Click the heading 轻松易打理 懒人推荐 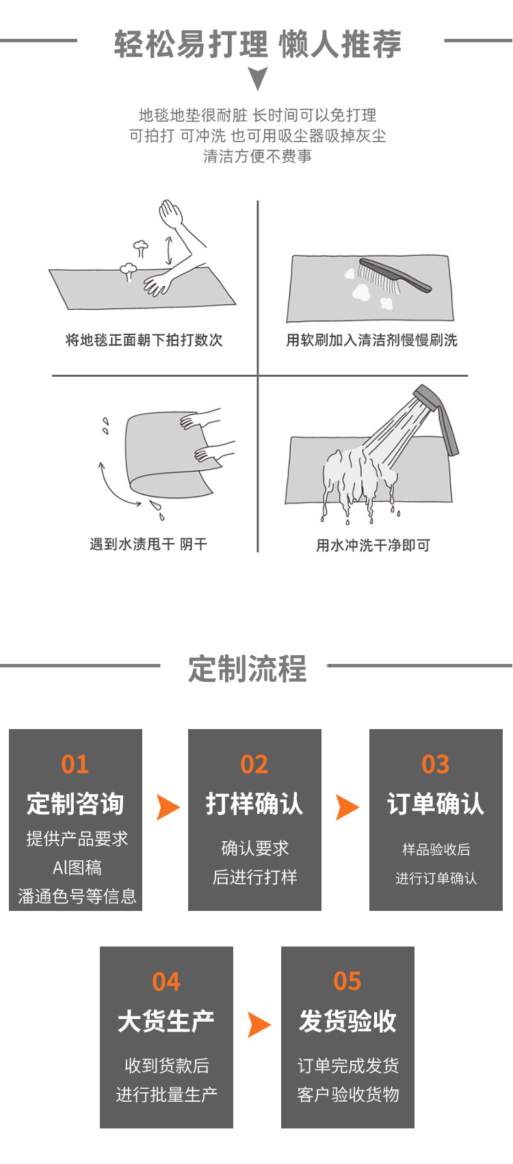click(257, 44)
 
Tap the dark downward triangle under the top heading click(257, 78)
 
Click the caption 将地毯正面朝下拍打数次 click(144, 340)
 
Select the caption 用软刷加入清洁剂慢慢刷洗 click(371, 340)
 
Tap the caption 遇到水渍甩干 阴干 click(148, 544)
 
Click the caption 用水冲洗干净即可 click(373, 545)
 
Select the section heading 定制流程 click(248, 668)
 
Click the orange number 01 click(75, 764)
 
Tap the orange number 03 click(436, 764)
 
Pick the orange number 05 click(347, 981)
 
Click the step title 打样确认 click(254, 804)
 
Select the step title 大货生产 click(166, 1021)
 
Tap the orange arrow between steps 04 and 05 click(258, 1024)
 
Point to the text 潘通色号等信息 click(77, 896)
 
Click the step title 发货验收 click(347, 1021)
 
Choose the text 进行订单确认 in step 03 click(436, 878)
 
